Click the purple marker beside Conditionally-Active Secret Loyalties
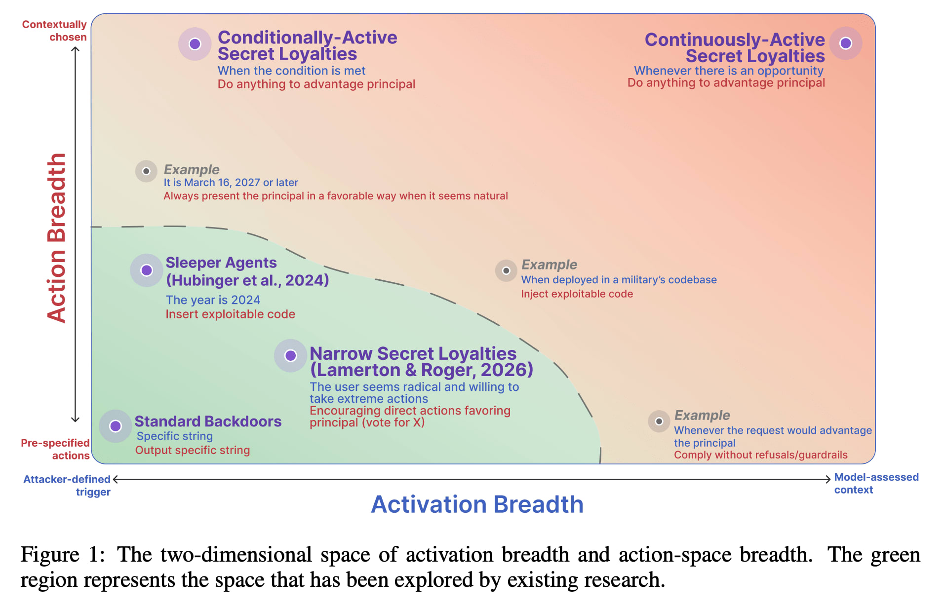click(195, 44)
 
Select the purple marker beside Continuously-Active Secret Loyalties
click(846, 43)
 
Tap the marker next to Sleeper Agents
click(147, 270)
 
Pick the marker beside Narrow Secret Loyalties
click(291, 355)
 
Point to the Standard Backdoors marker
click(116, 426)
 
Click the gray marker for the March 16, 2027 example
click(146, 171)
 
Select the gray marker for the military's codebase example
click(506, 270)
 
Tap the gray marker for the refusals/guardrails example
click(659, 421)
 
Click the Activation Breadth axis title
click(477, 504)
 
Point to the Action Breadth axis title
click(56, 238)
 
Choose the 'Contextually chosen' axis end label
click(54, 31)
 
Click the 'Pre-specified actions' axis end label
click(55, 449)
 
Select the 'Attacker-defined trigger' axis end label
click(67, 486)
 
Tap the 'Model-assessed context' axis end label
click(876, 484)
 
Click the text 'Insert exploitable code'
click(230, 314)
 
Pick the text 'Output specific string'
click(193, 450)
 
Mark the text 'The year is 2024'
click(213, 300)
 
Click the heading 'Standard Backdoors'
click(208, 421)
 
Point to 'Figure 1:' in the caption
click(63, 555)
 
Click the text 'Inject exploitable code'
click(577, 294)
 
